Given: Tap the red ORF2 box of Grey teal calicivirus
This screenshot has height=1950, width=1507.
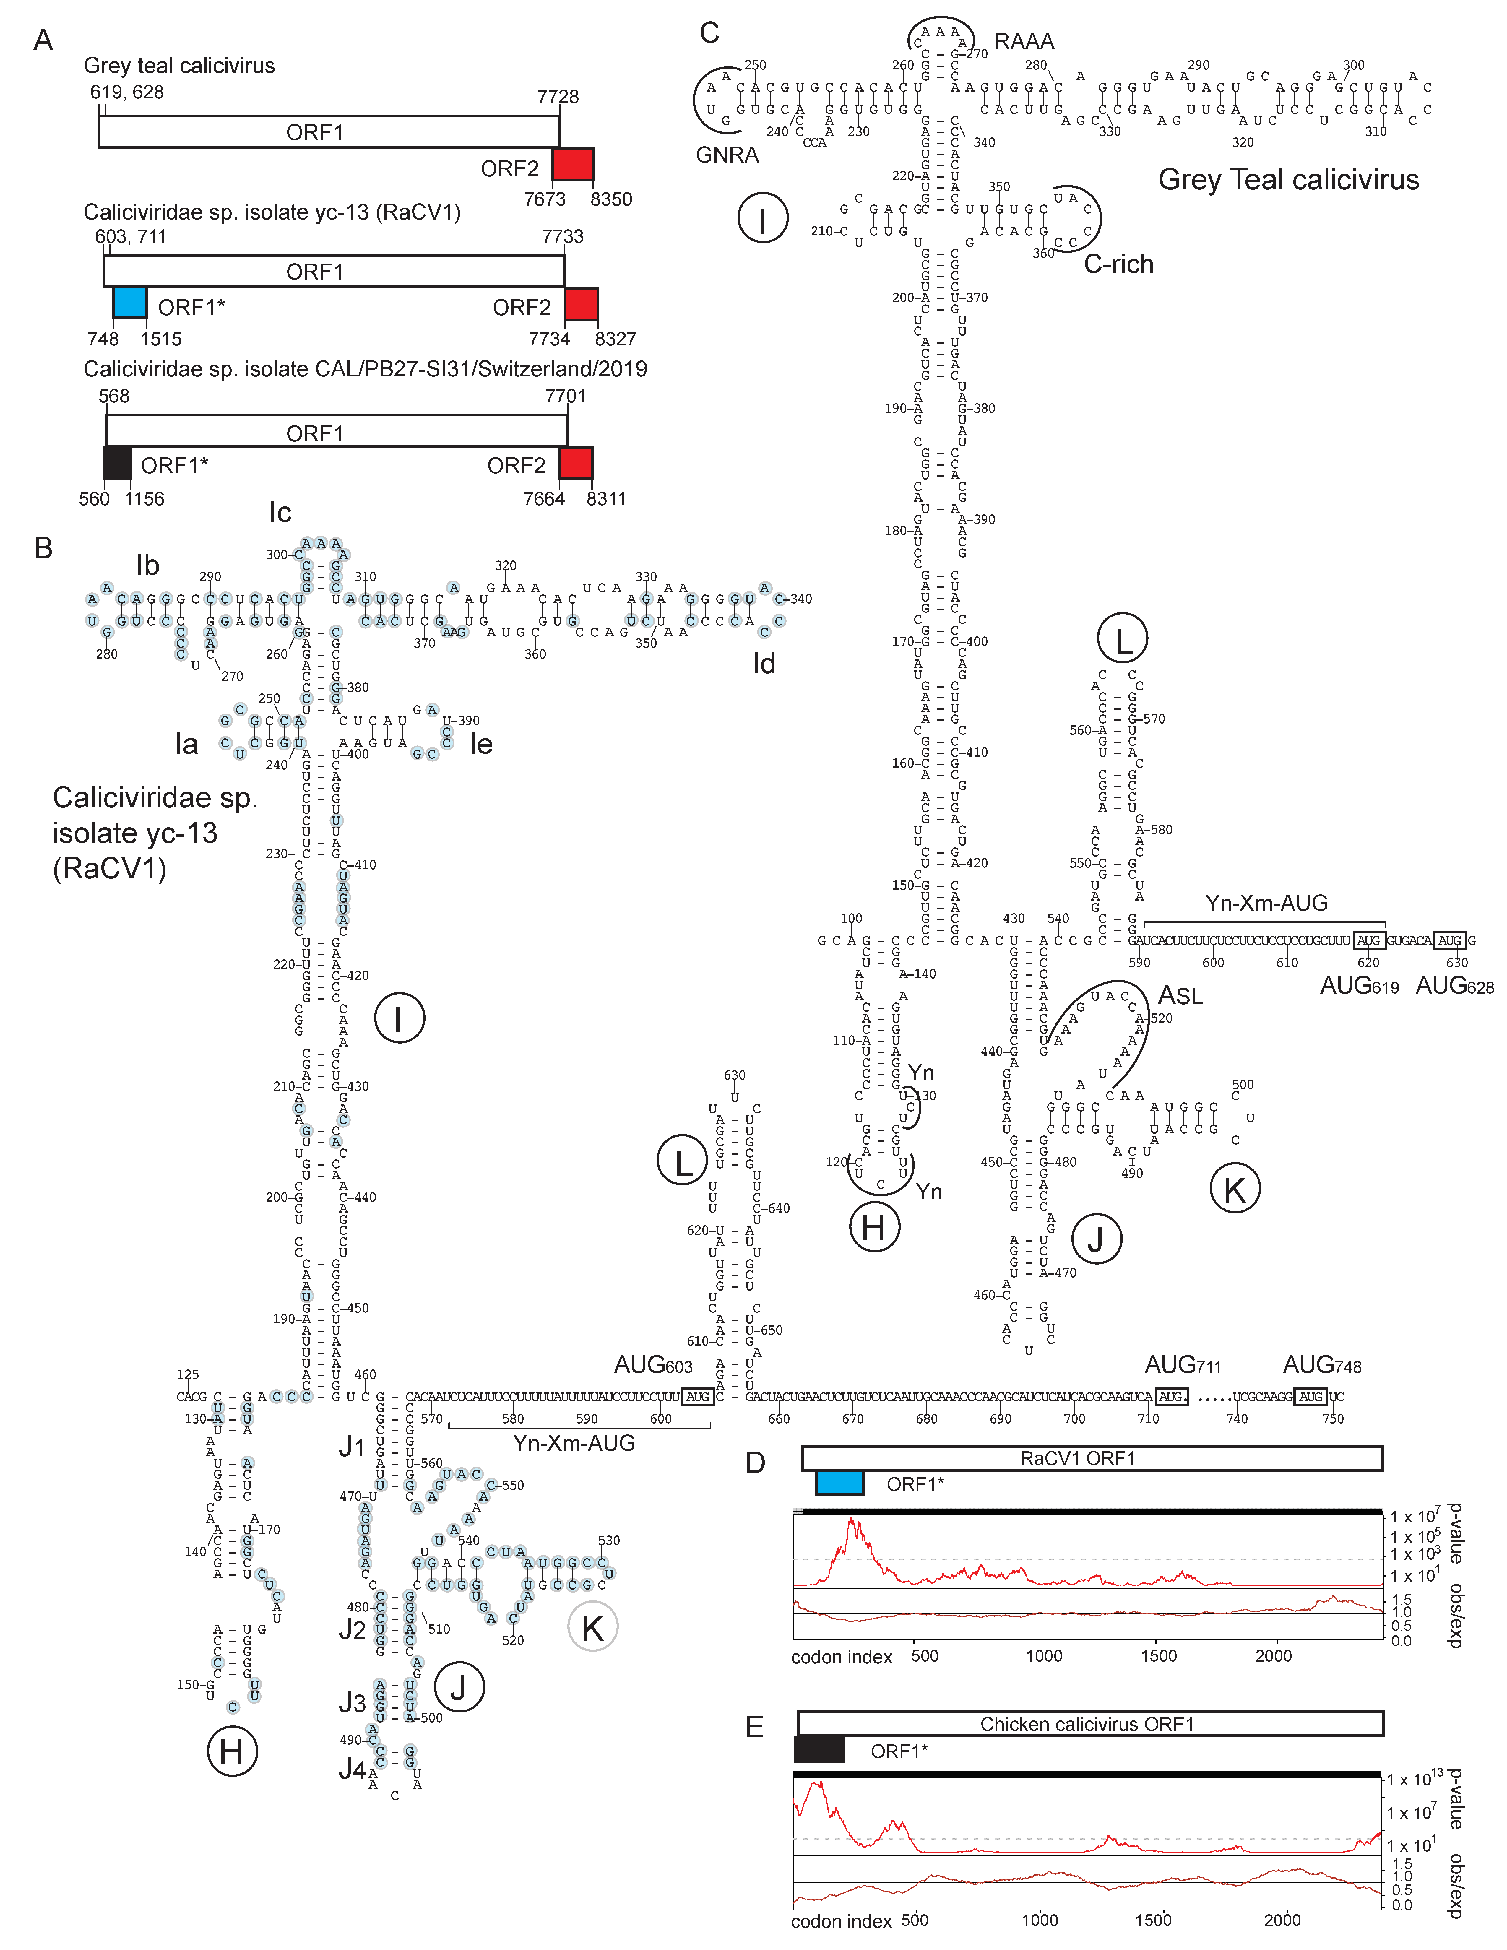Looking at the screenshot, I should point(572,165).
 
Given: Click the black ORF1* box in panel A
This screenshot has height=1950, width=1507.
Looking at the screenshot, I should point(118,462).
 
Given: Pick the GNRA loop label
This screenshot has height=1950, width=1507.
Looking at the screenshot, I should point(727,155).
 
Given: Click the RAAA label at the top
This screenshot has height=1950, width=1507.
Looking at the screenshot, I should point(1024,42).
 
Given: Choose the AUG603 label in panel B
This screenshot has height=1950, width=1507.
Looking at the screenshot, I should point(653,1365).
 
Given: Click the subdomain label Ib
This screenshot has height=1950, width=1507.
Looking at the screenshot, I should point(147,565).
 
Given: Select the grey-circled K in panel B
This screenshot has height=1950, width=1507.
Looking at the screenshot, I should point(592,1628).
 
